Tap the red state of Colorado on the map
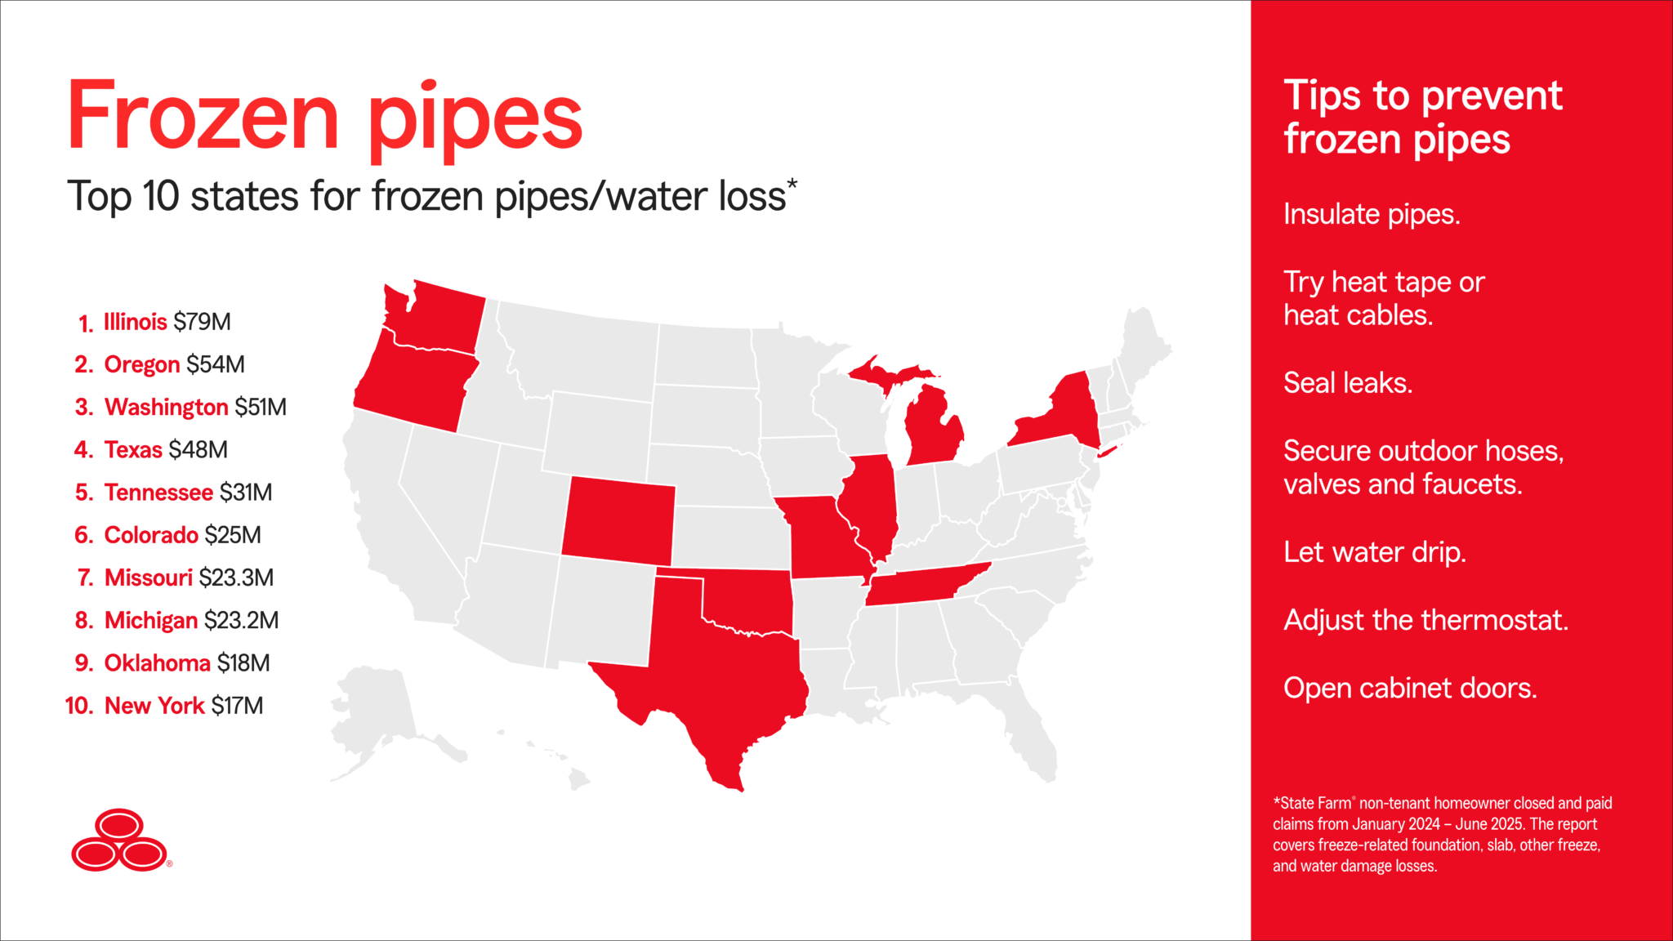(x=618, y=521)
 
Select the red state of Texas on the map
(x=727, y=686)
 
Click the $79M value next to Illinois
(x=202, y=322)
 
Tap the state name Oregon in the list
(x=141, y=364)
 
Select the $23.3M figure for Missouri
(x=236, y=578)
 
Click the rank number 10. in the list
(x=80, y=706)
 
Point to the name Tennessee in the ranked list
(x=158, y=493)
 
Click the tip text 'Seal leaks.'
(x=1348, y=382)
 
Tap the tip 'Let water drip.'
(x=1375, y=552)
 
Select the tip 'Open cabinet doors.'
(x=1410, y=688)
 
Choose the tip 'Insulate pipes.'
(x=1372, y=214)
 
